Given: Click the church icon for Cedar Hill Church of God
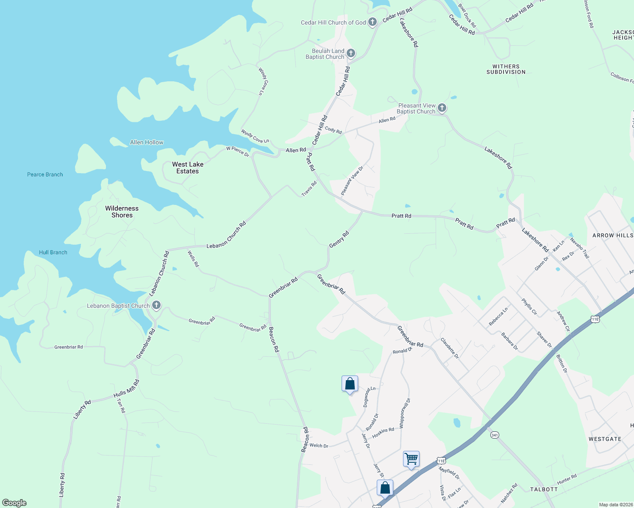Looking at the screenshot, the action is tap(372, 22).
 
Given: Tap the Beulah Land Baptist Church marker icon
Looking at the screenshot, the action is tap(350, 53).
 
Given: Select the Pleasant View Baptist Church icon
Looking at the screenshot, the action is tap(442, 108).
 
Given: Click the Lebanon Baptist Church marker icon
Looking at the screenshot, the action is tap(156, 305).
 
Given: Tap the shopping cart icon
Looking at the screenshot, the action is tap(411, 458).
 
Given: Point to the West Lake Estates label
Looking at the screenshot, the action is tap(188, 168).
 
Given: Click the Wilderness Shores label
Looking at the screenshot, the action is tap(122, 212).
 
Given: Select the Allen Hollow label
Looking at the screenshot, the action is tap(147, 142).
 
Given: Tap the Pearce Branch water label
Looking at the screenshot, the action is tap(45, 174).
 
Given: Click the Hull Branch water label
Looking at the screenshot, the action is tap(53, 252).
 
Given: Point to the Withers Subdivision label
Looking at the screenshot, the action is tap(506, 69).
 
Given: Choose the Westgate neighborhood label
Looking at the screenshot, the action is tap(605, 439).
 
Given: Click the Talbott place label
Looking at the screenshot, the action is tap(544, 489).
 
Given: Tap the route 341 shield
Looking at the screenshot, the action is tap(494, 435).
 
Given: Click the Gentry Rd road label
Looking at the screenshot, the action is tap(339, 239).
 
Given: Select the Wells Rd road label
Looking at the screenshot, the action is tap(193, 259).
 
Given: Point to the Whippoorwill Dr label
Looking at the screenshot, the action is tap(405, 413).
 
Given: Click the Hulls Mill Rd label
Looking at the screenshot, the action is tap(126, 389).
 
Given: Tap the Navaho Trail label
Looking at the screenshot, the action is tap(579, 248).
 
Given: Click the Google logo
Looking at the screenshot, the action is tap(14, 503).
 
